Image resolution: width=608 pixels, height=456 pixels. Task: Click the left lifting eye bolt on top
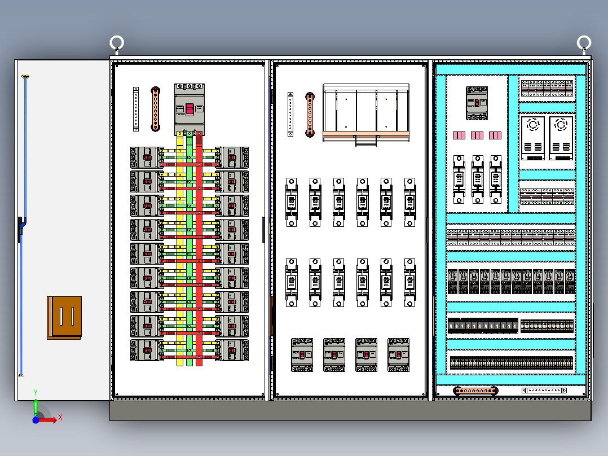(x=116, y=43)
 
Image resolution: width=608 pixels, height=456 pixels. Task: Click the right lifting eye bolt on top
(x=584, y=43)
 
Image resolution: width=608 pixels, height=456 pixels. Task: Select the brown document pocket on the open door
(x=64, y=317)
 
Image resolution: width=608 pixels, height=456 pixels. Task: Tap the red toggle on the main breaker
(x=190, y=108)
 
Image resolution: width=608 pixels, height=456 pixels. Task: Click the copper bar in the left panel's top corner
(x=155, y=109)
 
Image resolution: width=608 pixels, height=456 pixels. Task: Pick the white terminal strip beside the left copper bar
(x=136, y=109)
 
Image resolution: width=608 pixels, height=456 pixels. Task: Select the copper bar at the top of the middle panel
(x=310, y=115)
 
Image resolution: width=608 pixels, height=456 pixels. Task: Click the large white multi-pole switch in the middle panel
(x=366, y=112)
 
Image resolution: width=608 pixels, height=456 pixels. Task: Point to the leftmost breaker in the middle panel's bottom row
(x=302, y=354)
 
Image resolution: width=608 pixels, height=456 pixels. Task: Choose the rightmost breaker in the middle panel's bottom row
(x=399, y=354)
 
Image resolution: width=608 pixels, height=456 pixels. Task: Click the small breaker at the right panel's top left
(x=477, y=103)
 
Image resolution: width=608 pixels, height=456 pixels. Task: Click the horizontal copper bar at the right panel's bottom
(x=475, y=390)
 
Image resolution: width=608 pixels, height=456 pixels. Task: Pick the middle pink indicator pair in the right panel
(x=477, y=135)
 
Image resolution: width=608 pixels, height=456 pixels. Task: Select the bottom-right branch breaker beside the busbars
(x=232, y=350)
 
